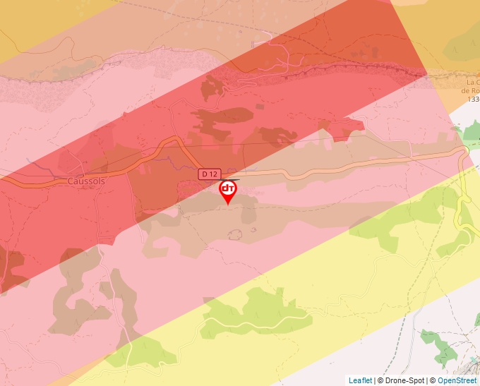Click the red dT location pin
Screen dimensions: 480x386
click(227, 191)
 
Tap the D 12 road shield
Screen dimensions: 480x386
click(208, 174)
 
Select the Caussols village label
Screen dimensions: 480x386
click(86, 181)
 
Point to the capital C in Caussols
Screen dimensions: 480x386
click(71, 181)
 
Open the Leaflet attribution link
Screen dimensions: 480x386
click(360, 380)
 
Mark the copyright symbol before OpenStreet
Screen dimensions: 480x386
click(433, 380)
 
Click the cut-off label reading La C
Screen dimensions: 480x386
click(471, 82)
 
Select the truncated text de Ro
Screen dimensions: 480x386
click(470, 90)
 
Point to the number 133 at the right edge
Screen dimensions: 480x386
click(472, 99)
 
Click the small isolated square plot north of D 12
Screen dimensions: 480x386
click(260, 107)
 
